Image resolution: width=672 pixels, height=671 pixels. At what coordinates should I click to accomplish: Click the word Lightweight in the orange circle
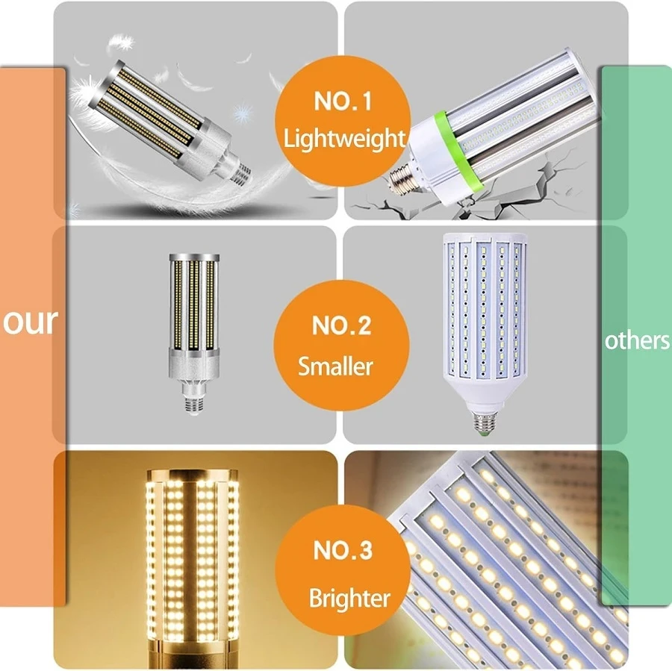coord(344,138)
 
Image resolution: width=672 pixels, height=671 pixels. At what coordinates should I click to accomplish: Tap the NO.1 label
coord(342,102)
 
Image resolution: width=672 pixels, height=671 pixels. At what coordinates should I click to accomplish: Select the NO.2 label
coord(342,326)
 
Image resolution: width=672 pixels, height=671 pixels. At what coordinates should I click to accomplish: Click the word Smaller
coord(336,366)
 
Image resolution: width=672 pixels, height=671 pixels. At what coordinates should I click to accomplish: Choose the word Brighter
coord(349,598)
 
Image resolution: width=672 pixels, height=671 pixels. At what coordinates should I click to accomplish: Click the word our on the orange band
coord(31,321)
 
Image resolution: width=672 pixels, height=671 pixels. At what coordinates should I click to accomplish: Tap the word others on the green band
coord(637,340)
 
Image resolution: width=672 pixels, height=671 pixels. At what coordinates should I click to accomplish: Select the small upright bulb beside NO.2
coord(193,321)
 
